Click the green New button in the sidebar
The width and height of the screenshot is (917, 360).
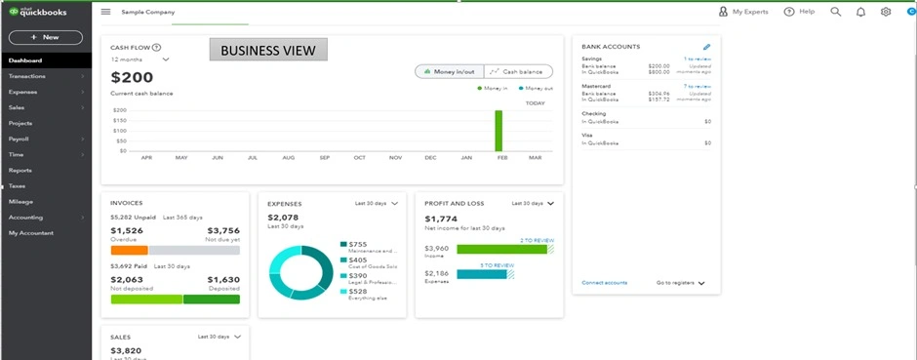pos(45,37)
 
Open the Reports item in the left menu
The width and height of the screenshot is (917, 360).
pos(20,170)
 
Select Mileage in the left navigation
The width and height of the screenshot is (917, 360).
pos(20,201)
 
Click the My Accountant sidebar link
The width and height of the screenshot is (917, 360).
pos(31,232)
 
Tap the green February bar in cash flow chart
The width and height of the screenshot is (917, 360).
pos(498,131)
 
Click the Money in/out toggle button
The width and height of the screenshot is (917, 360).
pos(449,71)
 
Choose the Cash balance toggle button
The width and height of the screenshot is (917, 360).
pos(518,71)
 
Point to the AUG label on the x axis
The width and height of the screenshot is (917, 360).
pos(288,157)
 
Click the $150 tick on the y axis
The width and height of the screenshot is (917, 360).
pos(120,120)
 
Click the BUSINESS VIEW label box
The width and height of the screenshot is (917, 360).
pos(268,50)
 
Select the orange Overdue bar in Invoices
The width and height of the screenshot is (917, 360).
pos(130,250)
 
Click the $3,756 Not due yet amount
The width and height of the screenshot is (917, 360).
pos(223,230)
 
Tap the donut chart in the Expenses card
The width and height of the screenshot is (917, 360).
pos(300,271)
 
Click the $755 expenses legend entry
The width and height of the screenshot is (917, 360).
pos(358,244)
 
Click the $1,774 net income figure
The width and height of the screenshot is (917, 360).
pos(441,219)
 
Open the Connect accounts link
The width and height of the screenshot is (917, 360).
pos(605,283)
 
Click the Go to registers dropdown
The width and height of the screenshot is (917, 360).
pos(681,283)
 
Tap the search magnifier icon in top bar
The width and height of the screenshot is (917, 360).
pos(835,12)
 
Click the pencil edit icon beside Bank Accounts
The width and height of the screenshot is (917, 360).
pos(706,47)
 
